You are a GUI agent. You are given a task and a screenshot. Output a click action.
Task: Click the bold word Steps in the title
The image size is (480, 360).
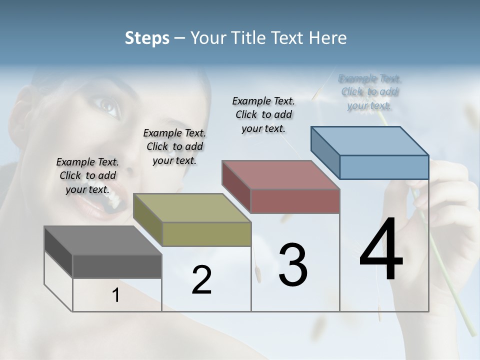[x=147, y=38]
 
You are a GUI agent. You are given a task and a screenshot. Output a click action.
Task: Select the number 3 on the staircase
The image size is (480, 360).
[x=293, y=265]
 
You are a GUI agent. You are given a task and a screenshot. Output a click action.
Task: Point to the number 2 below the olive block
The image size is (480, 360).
[x=201, y=280]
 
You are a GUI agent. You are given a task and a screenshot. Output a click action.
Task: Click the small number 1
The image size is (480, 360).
[x=116, y=295]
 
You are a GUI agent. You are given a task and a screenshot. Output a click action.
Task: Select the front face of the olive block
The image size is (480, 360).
[x=206, y=234]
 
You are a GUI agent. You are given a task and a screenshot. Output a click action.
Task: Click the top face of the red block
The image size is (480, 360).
[x=280, y=175]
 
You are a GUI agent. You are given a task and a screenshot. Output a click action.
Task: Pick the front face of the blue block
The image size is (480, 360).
[x=384, y=167]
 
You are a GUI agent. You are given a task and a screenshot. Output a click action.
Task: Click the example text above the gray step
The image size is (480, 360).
[x=88, y=175]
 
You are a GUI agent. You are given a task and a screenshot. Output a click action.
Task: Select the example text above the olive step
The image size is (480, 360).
[x=174, y=146]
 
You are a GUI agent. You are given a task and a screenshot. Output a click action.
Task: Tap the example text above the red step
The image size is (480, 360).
[x=263, y=114]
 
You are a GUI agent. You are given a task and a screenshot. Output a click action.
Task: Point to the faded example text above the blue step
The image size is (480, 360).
[x=370, y=92]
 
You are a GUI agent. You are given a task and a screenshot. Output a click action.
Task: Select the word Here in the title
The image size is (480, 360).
[x=328, y=38]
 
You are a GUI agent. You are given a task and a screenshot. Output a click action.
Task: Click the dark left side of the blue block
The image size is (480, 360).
[x=325, y=152]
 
